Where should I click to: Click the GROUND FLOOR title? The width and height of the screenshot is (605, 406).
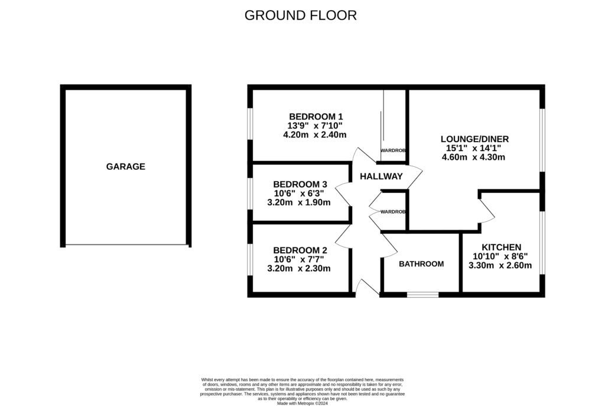[301, 15]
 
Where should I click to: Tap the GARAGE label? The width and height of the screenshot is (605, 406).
[125, 167]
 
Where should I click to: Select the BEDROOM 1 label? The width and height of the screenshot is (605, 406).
[315, 116]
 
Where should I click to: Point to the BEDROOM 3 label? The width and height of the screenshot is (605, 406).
[300, 184]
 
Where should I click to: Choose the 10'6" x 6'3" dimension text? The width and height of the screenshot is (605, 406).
[300, 193]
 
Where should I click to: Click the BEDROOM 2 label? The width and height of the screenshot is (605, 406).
[300, 250]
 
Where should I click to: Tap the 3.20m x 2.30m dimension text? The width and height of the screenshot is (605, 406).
[299, 268]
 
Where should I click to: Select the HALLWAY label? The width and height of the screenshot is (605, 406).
[381, 176]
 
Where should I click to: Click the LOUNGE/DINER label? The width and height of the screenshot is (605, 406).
[474, 139]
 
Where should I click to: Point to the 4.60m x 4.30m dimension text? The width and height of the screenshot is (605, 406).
[473, 157]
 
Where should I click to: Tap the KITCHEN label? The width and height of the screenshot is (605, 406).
[501, 247]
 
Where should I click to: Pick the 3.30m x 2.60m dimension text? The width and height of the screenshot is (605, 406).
[500, 266]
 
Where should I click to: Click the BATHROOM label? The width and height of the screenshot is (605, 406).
[421, 264]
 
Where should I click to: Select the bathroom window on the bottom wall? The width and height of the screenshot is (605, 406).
[423, 294]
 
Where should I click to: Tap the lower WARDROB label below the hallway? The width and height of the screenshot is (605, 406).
[393, 212]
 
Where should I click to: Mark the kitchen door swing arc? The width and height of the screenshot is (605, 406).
[487, 210]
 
